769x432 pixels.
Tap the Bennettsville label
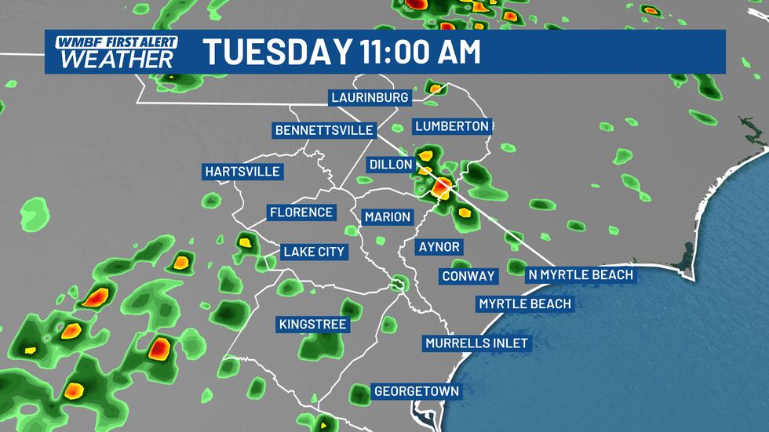pos(323,129)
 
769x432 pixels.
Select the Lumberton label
pos(452,125)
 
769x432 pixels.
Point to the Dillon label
pos(390,165)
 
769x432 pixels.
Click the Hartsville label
pos(242,171)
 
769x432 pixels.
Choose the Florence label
pos(301,212)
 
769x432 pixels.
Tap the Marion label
pos(387,216)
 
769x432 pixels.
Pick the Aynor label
pos(439,247)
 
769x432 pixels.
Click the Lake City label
pos(314,252)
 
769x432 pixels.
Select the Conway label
pos(468,276)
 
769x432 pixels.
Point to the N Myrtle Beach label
pos(580,274)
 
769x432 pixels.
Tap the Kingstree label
pos(312,324)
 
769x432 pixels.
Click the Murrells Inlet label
pos(476,343)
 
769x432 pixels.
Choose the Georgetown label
pos(416,390)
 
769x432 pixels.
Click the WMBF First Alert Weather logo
pos(115,51)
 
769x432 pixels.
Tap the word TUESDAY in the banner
pos(275,52)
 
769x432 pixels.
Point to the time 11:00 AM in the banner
pos(419,52)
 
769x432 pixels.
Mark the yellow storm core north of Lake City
pos(246,242)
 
